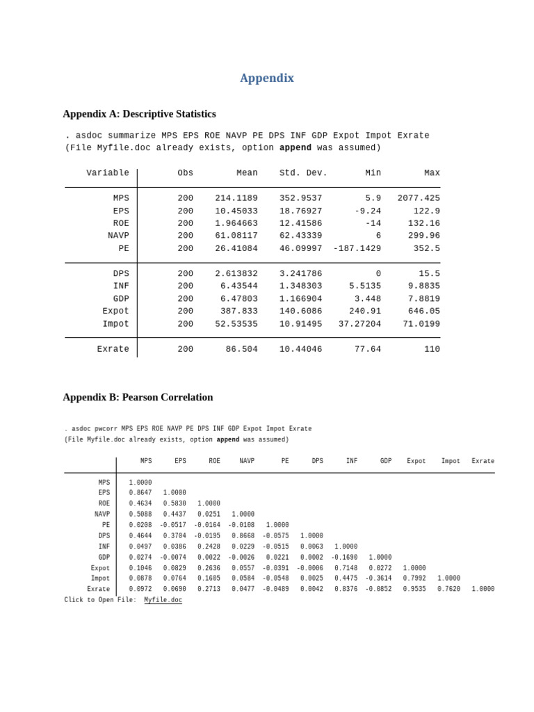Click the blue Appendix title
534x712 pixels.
tap(267, 78)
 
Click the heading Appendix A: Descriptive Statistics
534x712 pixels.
tap(139, 114)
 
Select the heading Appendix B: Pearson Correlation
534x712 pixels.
tap(138, 398)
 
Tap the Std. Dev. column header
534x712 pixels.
tap(303, 173)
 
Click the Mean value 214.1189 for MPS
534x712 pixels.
tap(236, 198)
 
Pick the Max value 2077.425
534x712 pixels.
tap(418, 198)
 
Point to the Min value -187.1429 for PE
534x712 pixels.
tap(357, 248)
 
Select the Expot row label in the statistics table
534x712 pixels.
tap(115, 311)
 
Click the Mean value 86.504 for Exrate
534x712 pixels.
tap(241, 349)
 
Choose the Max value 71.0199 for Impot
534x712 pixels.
tap(421, 324)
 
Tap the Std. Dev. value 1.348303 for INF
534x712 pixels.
tap(300, 286)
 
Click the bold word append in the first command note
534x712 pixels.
tap(295, 148)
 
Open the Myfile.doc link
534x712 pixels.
tap(163, 600)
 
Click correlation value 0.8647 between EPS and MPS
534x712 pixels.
tap(140, 493)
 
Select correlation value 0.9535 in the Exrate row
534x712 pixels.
tap(414, 589)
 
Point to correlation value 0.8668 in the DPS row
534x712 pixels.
tap(243, 536)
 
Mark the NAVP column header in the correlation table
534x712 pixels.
tap(247, 461)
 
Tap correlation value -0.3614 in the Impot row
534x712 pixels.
tap(378, 578)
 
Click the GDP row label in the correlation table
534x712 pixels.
tap(104, 558)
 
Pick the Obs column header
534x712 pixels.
tap(185, 173)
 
